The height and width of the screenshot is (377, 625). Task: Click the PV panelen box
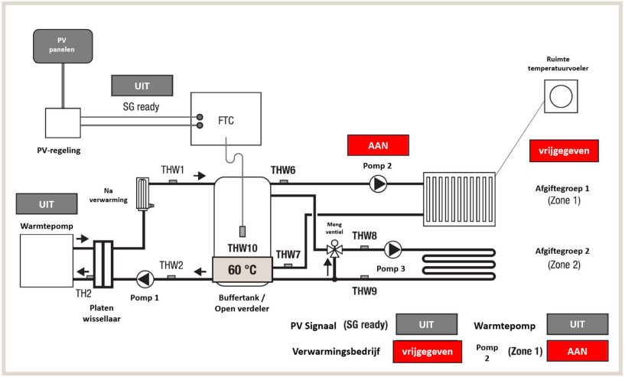coord(63,46)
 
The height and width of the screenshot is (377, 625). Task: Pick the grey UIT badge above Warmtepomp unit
coord(46,205)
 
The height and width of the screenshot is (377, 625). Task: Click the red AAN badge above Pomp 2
coord(378,145)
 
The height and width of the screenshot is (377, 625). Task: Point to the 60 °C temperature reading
coord(242,268)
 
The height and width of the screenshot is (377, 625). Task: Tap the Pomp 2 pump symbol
coord(378,184)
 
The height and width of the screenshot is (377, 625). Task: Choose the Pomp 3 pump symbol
coord(393,249)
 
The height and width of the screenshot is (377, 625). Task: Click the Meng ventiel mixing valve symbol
coord(334,250)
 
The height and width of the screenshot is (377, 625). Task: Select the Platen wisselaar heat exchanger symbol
coord(102,264)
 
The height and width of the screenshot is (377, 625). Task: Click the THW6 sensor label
coord(283,170)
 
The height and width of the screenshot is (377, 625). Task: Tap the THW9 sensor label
coord(365,291)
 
